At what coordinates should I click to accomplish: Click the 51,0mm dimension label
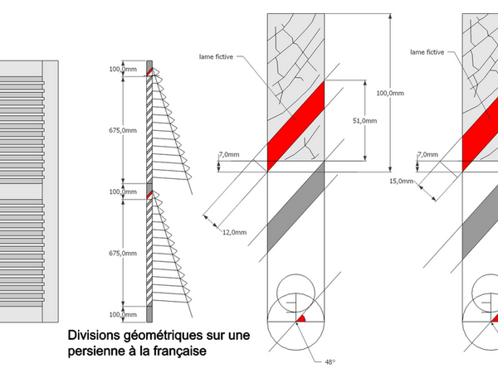tap(365, 121)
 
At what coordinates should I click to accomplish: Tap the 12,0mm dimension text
tap(235, 233)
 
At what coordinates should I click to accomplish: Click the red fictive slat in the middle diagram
tap(295, 125)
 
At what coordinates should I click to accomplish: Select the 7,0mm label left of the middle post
tap(228, 155)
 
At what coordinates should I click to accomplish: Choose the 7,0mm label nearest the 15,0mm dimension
tap(428, 154)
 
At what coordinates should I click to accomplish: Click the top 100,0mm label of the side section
tap(123, 70)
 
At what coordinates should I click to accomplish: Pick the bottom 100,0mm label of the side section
tap(123, 314)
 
